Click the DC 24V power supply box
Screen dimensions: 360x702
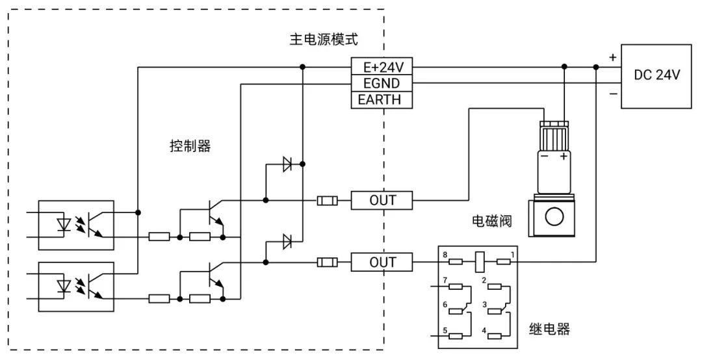[656, 75]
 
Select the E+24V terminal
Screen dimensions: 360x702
[382, 67]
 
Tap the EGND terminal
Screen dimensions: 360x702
[382, 83]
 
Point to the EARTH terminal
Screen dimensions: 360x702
[382, 99]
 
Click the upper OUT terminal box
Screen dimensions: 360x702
[382, 200]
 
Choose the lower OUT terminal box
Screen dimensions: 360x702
[382, 263]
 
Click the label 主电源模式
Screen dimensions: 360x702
[323, 40]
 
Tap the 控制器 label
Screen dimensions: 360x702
[190, 146]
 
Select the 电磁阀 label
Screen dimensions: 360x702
[491, 222]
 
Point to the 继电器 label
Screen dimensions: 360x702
[549, 329]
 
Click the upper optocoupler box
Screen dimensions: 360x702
[76, 225]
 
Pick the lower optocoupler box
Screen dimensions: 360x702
[76, 287]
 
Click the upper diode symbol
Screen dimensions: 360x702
[287, 165]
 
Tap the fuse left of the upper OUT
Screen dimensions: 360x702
[327, 200]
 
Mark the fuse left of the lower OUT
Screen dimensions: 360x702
[327, 263]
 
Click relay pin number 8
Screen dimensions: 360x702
[445, 254]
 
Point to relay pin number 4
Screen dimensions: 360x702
[484, 331]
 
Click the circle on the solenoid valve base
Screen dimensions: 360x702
[553, 216]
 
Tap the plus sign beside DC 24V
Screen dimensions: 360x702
[612, 57]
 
